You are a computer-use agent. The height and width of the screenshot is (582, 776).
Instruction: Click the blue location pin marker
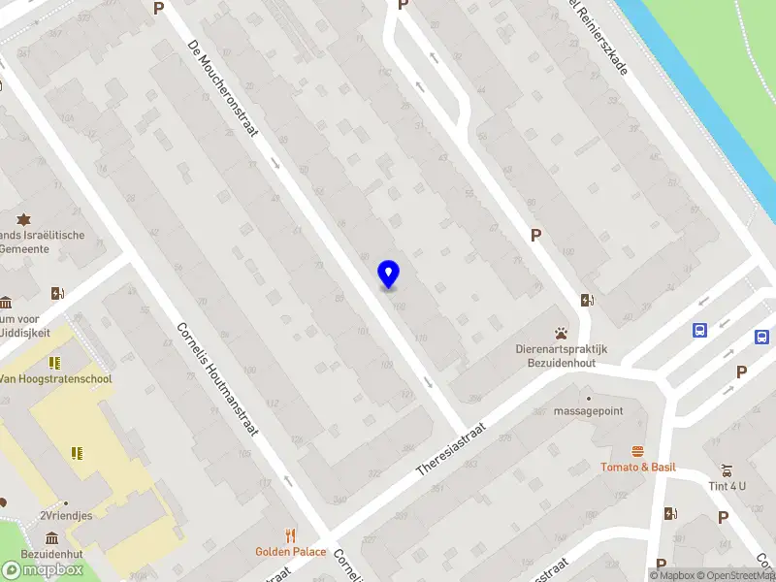[x=388, y=274]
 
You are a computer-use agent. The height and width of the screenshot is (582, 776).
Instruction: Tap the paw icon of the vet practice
[x=561, y=333]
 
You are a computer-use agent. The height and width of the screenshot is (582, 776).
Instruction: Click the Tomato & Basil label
[x=638, y=468]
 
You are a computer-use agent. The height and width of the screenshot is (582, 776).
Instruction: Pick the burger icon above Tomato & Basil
[x=638, y=451]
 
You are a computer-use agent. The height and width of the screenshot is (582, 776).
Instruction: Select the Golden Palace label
[x=290, y=552]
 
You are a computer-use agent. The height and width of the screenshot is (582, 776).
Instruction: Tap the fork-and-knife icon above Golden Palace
[x=290, y=535]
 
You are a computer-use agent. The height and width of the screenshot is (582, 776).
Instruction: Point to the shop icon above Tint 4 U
[x=726, y=469]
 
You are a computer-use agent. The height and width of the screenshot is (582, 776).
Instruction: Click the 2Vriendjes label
[x=66, y=516]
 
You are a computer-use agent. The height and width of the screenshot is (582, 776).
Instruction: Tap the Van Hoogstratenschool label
[x=55, y=379]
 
